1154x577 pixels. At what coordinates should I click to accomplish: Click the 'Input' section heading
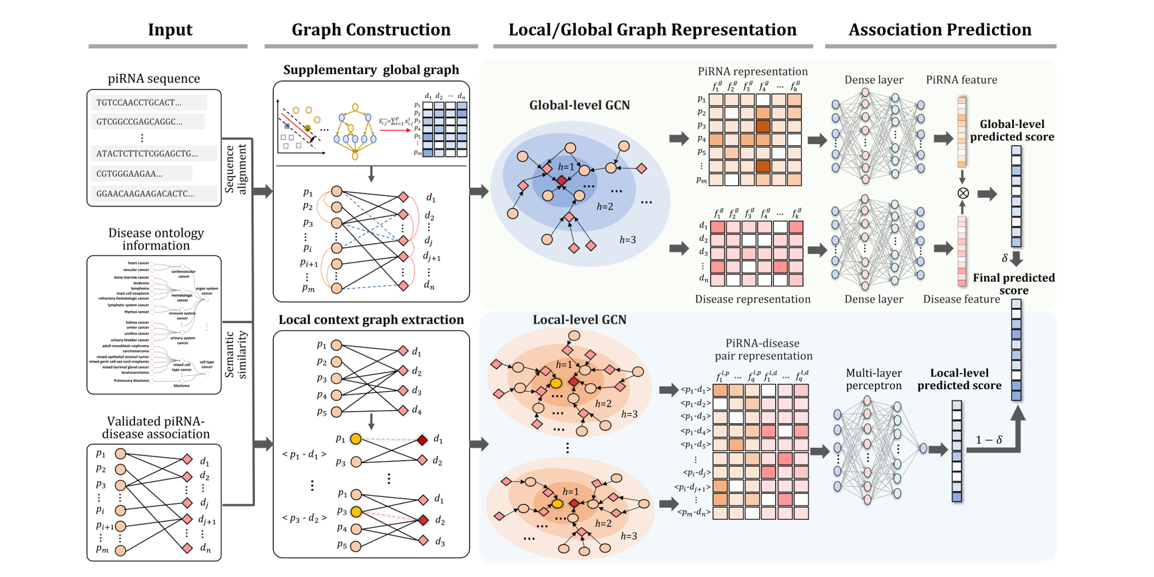pyautogui.click(x=170, y=30)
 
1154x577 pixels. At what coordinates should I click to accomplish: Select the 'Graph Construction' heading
pyautogui.click(x=371, y=30)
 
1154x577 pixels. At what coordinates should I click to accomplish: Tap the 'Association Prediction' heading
pyautogui.click(x=940, y=30)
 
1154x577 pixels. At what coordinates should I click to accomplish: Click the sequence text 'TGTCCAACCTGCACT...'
pyautogui.click(x=139, y=103)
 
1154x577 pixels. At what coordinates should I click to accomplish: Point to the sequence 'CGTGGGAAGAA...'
pyautogui.click(x=129, y=174)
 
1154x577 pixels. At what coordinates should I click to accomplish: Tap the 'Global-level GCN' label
pyautogui.click(x=579, y=105)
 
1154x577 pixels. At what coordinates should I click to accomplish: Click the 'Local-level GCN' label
pyautogui.click(x=579, y=320)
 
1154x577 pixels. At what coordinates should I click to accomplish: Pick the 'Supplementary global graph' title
pyautogui.click(x=371, y=70)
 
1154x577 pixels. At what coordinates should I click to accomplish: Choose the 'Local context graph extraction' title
pyautogui.click(x=371, y=320)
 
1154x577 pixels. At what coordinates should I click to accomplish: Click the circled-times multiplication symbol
pyautogui.click(x=963, y=193)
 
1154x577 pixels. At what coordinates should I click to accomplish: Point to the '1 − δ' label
pyautogui.click(x=988, y=440)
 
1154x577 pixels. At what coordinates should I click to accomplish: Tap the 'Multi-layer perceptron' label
pyautogui.click(x=874, y=379)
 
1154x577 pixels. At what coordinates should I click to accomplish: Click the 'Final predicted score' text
pyautogui.click(x=1013, y=284)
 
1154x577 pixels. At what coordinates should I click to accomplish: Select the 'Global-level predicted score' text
pyautogui.click(x=1011, y=131)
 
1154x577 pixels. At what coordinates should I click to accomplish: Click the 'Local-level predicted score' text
pyautogui.click(x=959, y=379)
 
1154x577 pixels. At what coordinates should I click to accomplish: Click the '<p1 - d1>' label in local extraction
pyautogui.click(x=304, y=454)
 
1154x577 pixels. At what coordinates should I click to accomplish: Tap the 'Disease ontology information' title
pyautogui.click(x=156, y=239)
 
